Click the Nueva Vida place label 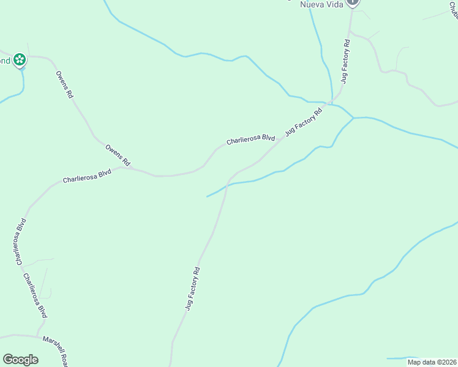tap(320, 4)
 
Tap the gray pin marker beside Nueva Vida tap(352, 2)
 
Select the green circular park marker tap(20, 59)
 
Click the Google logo tap(20, 360)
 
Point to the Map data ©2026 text tap(432, 362)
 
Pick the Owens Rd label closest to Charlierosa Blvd tap(118, 156)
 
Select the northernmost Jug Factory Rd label tap(345, 61)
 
